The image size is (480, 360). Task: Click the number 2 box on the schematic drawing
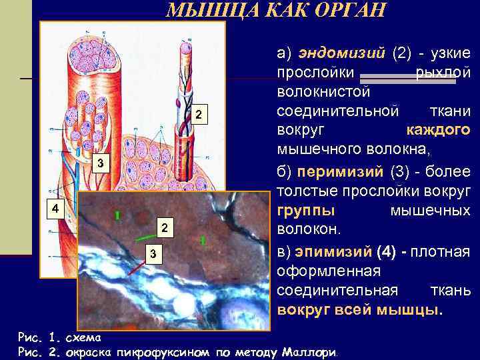[x=198, y=116]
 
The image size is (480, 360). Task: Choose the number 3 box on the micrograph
[x=153, y=254]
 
